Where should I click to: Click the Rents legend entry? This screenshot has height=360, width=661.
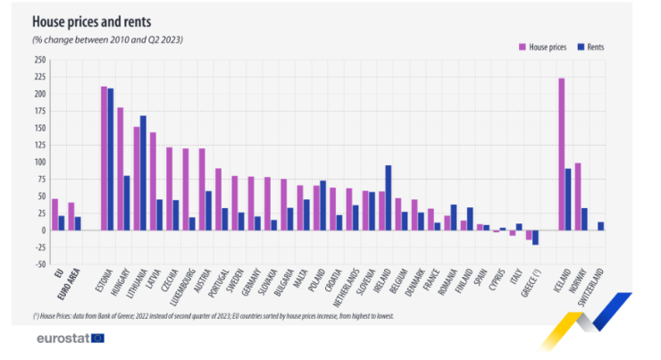pos(596,46)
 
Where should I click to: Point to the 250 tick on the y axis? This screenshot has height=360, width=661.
pos(39,60)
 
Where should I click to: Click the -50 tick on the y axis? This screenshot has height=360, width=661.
pos(39,264)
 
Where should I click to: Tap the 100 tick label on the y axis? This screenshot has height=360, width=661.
pos(39,163)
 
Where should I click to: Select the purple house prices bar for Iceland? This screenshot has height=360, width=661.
pos(561,154)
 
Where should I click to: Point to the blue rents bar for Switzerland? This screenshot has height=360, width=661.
pos(601,226)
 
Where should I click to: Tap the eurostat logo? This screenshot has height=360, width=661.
pos(71,339)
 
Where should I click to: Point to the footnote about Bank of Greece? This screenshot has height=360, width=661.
pos(213,315)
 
